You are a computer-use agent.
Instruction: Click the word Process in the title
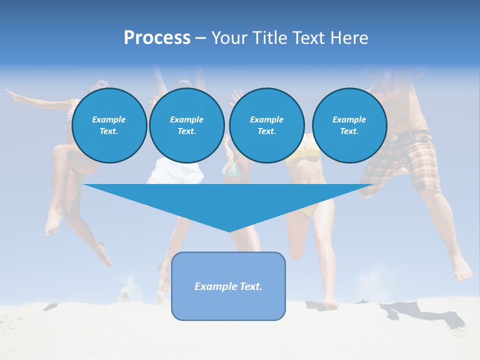pyautogui.click(x=157, y=38)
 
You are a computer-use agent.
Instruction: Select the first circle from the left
pyautogui.click(x=109, y=125)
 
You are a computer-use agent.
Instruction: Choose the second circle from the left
pyautogui.click(x=186, y=125)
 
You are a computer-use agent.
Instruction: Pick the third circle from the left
pyautogui.click(x=266, y=125)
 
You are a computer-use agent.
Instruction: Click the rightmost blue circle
pyautogui.click(x=349, y=125)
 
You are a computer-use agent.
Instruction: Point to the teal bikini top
pyautogui.click(x=233, y=171)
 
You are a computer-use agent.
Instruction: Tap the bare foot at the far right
pyautogui.click(x=462, y=272)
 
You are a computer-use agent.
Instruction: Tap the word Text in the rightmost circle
pyautogui.click(x=349, y=131)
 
